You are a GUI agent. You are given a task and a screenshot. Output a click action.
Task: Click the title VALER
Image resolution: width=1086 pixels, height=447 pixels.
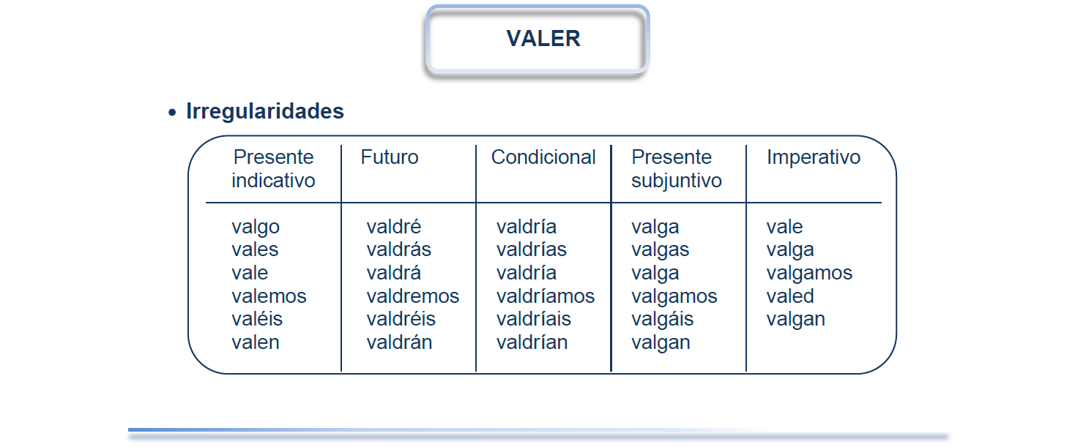pos(543,38)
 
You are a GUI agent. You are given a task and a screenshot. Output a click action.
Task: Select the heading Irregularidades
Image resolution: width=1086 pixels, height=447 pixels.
pos(265,111)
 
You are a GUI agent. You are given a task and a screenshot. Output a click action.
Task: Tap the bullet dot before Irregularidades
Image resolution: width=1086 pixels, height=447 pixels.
pos(172,113)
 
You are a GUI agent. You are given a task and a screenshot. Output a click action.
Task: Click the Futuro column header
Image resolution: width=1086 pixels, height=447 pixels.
pos(390,157)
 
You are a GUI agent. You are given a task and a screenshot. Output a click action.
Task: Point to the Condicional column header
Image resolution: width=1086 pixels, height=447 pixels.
pos(543,157)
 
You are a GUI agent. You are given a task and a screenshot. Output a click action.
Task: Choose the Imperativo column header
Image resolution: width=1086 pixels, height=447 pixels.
pos(814,158)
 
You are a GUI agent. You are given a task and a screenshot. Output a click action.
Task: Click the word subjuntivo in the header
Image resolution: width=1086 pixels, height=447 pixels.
pos(677,181)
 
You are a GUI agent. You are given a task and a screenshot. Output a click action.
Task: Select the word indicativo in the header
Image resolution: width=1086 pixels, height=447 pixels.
pos(273,181)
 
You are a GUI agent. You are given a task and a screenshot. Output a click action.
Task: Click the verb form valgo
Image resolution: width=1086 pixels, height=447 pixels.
pos(256,227)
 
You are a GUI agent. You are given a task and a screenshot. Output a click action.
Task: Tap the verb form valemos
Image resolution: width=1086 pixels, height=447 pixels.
pos(269,296)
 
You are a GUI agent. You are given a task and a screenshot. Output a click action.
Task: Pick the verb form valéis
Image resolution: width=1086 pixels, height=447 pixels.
pos(257,319)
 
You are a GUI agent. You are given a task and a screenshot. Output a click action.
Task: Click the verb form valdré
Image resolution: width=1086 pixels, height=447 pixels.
pos(394,226)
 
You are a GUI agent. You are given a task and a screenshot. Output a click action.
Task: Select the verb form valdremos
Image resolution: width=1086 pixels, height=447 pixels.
pos(412,296)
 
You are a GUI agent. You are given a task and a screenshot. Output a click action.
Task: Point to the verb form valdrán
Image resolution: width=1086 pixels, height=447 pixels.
pos(399,342)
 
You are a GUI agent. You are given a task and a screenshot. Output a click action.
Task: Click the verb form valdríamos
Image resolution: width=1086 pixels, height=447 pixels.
pos(546,296)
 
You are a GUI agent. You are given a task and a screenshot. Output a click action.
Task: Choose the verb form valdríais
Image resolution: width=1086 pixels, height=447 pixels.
pos(534,319)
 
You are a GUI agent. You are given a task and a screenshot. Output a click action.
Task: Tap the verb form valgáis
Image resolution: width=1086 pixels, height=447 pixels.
pos(662,320)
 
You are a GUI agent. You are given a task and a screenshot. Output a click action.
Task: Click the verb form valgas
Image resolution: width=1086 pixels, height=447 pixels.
pos(660,250)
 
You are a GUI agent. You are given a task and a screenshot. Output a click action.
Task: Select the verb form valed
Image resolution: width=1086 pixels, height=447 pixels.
pos(790,296)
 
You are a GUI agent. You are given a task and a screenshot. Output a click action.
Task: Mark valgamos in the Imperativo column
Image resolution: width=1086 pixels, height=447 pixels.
pos(809,274)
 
